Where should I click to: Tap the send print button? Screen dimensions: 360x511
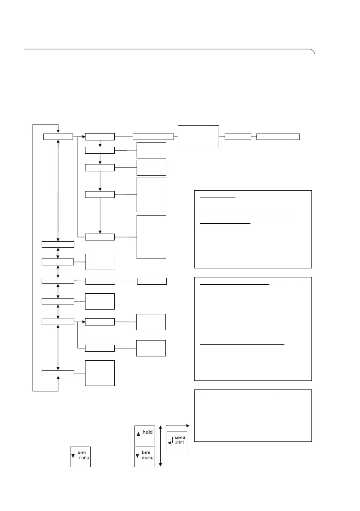tap(177, 442)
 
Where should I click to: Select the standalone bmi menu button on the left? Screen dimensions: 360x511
tap(80, 457)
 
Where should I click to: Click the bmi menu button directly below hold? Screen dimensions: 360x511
tap(145, 457)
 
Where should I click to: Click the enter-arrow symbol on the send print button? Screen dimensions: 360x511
tap(171, 443)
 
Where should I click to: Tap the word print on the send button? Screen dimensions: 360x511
tap(180, 443)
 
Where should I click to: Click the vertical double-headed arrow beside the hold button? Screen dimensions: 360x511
tap(160, 445)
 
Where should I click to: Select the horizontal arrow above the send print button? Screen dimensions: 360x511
tap(177, 425)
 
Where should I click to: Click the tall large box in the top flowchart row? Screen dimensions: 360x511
tap(198, 137)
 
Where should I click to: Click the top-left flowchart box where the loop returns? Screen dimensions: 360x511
tap(58, 137)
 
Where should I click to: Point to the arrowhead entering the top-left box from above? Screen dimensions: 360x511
tap(58, 131)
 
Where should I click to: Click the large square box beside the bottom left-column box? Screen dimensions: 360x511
tap(100, 373)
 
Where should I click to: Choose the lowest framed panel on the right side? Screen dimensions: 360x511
tap(253, 415)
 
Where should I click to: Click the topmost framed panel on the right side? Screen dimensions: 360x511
tap(253, 229)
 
